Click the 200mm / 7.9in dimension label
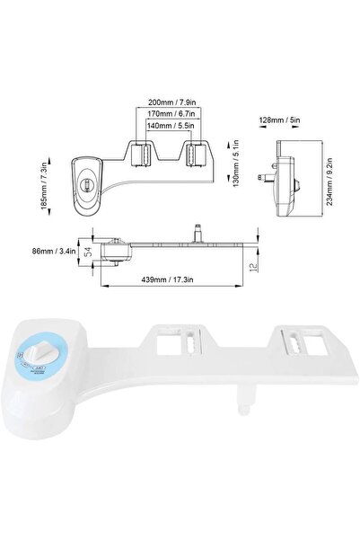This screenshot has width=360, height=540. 170,102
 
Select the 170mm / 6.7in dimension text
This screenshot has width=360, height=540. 170,115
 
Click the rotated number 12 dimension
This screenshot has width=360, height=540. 255,261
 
